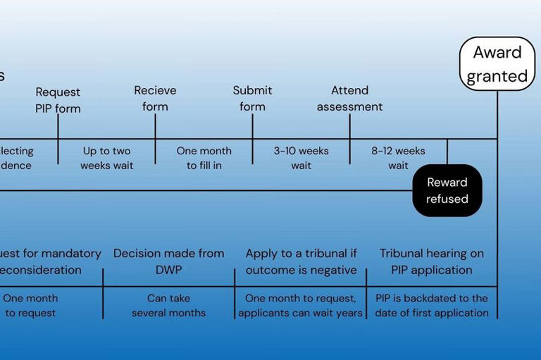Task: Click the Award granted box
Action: coord(497,64)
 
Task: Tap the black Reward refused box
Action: coord(447,191)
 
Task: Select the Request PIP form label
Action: coord(58,100)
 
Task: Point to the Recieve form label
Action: coord(155,99)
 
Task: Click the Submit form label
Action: coord(252,99)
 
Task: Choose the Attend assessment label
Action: coord(349,99)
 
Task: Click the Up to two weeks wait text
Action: coord(106,159)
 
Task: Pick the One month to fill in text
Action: coord(204,159)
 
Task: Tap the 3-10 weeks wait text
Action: coord(301,159)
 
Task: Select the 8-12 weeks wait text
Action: coord(398,159)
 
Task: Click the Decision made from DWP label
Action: coord(168,261)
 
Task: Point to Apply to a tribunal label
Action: coord(301,261)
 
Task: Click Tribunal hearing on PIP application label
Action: coord(432,261)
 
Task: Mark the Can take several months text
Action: coord(168,306)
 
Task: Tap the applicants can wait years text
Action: coord(301,313)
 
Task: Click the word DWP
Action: coord(168,270)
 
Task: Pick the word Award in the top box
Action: coord(497,53)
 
